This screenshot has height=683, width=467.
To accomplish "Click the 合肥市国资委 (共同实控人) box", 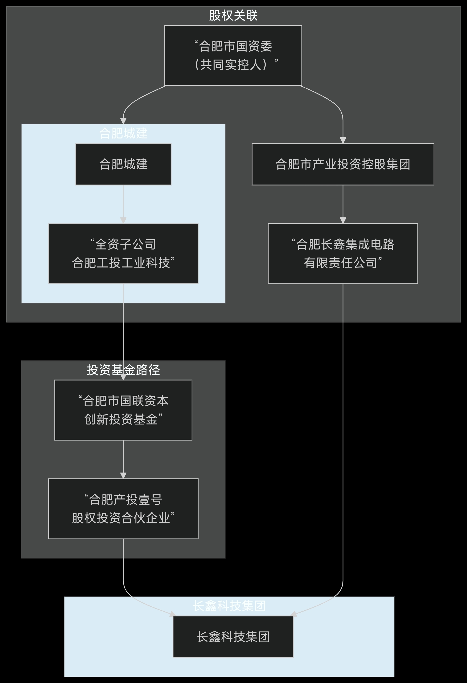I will tap(233, 56).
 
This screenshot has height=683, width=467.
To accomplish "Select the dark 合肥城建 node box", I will tap(123, 164).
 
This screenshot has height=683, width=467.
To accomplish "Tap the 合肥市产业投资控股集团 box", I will tap(343, 164).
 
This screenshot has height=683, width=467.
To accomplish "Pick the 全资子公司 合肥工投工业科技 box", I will tap(123, 253).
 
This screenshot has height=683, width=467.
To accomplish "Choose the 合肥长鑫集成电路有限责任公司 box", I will tap(343, 253).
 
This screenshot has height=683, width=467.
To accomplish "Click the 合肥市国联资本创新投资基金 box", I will tap(123, 410).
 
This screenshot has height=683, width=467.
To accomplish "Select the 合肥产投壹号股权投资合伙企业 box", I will tap(123, 509).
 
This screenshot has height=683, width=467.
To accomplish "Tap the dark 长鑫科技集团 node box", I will tap(233, 636).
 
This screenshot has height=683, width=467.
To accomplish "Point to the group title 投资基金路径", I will tap(123, 370).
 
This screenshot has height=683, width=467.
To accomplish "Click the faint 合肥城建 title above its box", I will tap(123, 133).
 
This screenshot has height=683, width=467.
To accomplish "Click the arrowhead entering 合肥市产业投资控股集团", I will tap(343, 140).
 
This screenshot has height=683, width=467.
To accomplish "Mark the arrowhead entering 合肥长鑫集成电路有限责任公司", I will tap(343, 220).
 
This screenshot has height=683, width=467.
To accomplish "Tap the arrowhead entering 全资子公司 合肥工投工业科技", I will tap(123, 220).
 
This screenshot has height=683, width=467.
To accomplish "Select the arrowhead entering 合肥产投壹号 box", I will tap(123, 476).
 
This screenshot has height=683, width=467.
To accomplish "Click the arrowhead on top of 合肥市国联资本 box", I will tap(123, 377).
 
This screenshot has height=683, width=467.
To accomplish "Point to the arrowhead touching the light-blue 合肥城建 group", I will tap(123, 121).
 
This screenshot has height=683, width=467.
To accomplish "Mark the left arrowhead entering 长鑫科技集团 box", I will tap(173, 614).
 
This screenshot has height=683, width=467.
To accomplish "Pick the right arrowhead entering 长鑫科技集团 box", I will tap(293, 614).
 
